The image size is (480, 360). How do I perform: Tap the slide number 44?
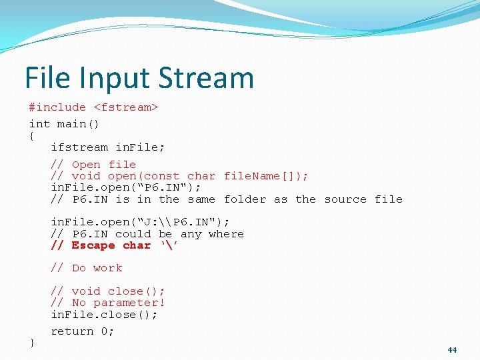coord(452,350)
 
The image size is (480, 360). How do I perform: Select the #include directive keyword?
coord(57,107)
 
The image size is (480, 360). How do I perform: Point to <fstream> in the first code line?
coord(125,107)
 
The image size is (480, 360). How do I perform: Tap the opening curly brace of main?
coord(31,135)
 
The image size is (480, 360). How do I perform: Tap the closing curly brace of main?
coord(31,342)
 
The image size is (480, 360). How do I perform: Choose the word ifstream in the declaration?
coord(79,147)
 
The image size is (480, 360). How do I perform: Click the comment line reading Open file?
coord(93,165)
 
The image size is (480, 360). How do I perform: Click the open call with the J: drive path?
coord(140,222)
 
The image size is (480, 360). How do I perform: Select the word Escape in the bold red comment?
coord(93,245)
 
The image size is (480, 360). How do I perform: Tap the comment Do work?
coord(87,268)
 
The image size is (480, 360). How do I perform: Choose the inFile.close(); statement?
coord(104,315)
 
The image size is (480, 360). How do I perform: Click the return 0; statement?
coord(83,331)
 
